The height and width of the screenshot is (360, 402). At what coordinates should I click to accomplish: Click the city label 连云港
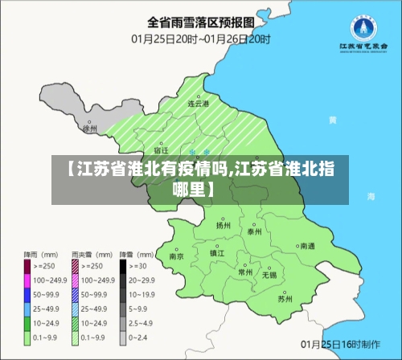pos(198,104)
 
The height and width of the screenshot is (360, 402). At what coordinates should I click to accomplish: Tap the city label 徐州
pos(90,129)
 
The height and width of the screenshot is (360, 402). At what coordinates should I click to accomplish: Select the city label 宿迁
pos(161,150)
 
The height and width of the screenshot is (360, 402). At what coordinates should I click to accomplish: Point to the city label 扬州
pos(224,226)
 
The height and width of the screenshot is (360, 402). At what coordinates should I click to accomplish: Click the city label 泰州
pos(255,231)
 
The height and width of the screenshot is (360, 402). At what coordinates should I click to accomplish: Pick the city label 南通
pos(307,247)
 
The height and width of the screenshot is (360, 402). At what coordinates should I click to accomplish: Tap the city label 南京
pos(177,256)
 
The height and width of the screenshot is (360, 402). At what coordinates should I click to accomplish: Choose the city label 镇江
pos(217,253)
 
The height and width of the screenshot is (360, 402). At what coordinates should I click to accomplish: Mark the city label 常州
pos(245,272)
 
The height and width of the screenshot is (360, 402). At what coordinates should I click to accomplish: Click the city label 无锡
pos(269,275)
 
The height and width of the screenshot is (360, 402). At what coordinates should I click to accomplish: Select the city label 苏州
pos(285,298)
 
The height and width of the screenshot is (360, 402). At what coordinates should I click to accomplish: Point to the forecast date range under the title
pos(201,38)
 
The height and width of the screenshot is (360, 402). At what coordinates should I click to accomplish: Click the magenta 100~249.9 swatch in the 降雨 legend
pos(27,280)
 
